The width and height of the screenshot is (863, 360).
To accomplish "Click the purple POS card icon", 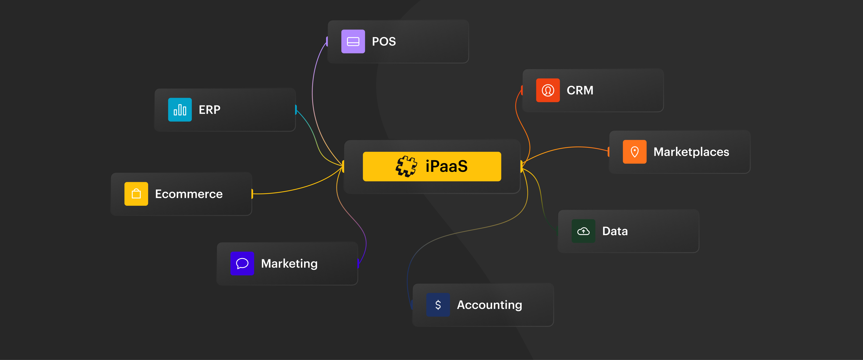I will tap(353, 42).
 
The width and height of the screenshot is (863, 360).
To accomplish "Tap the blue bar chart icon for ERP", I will tap(180, 110).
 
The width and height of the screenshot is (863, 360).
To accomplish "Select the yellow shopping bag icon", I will tap(136, 194).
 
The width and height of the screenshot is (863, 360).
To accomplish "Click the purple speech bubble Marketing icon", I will tap(242, 264).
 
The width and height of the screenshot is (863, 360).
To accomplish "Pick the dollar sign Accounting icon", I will tap(438, 305).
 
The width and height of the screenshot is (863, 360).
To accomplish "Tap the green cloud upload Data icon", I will tap(583, 231).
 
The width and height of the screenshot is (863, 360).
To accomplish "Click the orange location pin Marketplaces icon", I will tap(634, 152).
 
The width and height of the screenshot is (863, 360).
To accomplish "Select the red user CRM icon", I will tap(548, 90).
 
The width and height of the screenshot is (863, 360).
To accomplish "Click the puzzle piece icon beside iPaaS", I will tap(406, 166).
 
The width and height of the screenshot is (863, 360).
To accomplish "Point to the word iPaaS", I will tap(446, 166).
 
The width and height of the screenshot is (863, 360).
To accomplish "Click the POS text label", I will tap(384, 42).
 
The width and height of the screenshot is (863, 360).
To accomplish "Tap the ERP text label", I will tap(209, 110).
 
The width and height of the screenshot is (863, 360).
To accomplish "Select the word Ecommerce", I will tap(189, 194).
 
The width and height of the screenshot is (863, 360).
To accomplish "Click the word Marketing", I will tap(289, 264).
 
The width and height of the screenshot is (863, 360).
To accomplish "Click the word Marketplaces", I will tap(691, 152).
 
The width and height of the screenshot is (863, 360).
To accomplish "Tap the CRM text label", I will tap(580, 90).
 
